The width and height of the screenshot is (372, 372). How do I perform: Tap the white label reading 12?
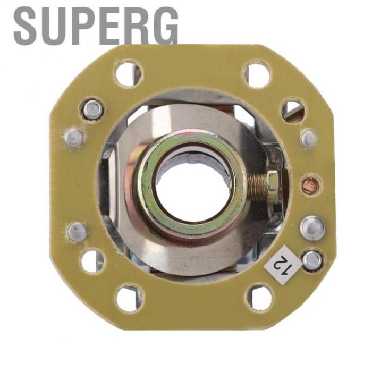click(283, 264)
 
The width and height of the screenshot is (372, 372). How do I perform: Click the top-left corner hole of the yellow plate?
click(129, 73)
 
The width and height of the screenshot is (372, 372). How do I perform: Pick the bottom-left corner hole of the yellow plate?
click(129, 299)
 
